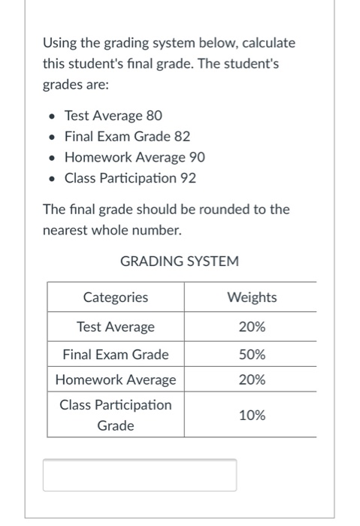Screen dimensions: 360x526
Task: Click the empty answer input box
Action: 139,475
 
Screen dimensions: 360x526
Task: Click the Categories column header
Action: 115,298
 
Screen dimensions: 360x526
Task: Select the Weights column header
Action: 251,298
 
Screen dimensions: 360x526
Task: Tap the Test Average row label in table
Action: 115,327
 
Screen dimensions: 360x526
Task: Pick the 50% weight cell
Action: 251,354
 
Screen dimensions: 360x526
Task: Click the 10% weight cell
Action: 251,415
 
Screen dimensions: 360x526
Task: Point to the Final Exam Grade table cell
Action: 115,354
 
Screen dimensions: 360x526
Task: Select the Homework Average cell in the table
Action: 115,379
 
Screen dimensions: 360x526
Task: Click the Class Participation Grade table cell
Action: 115,415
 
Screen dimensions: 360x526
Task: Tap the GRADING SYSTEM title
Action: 180,261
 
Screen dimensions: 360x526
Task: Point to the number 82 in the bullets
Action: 181,137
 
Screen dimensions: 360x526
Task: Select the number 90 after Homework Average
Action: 196,158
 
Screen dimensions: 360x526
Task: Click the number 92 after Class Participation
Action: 189,179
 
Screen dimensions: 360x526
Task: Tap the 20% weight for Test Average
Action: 251,327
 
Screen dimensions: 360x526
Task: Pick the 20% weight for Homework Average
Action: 251,379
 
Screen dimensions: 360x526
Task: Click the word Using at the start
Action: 59,43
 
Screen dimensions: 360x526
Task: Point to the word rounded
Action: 213,209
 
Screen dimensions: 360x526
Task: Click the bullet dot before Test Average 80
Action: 50,116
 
